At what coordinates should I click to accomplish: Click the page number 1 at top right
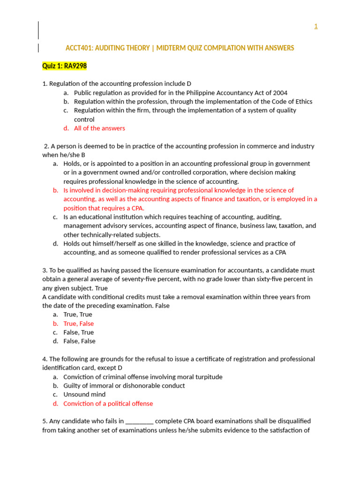(x=315, y=26)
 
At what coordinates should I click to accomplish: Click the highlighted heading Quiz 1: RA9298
(x=64, y=66)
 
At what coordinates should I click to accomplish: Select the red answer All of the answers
(x=99, y=128)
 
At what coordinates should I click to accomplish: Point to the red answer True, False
(x=78, y=323)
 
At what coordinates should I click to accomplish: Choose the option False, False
(x=79, y=341)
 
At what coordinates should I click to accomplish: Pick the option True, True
(x=78, y=315)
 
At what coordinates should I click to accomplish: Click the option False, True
(x=78, y=332)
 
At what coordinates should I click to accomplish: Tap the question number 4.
(x=45, y=359)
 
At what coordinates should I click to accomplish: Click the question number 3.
(x=45, y=270)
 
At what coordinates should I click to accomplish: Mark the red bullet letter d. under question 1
(x=66, y=128)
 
